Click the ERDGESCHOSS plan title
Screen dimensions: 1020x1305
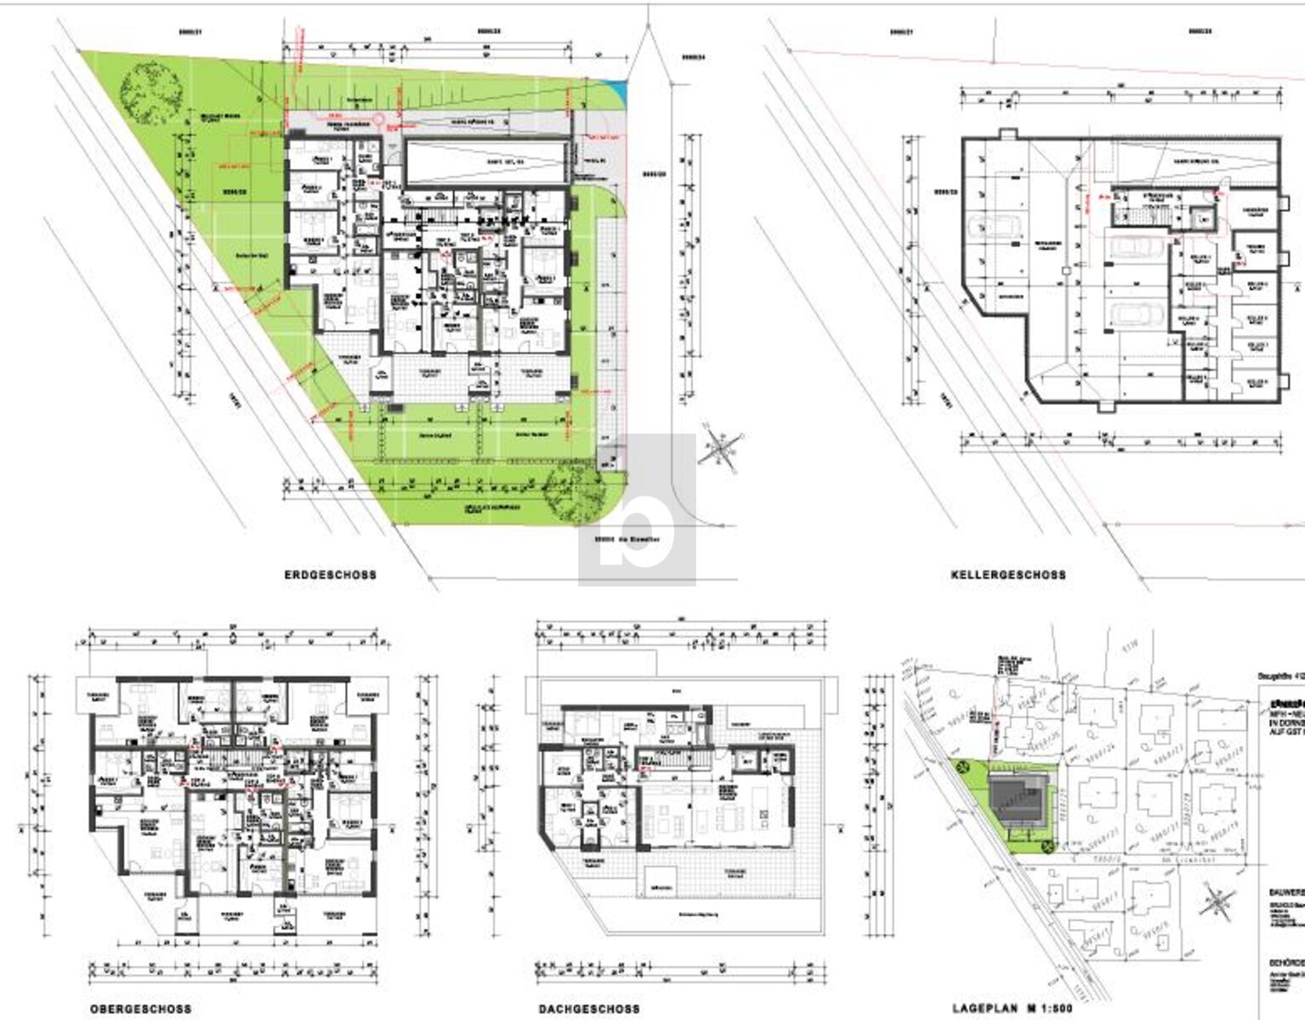click(x=330, y=575)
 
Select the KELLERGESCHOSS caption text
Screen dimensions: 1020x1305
click(x=1007, y=575)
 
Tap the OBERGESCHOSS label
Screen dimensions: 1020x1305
click(x=140, y=1009)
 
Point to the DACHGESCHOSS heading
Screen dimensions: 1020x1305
click(x=588, y=1009)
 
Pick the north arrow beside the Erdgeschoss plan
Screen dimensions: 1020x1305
click(x=720, y=447)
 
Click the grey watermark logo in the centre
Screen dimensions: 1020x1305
click(x=637, y=510)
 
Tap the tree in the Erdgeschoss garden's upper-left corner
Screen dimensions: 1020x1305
click(x=150, y=93)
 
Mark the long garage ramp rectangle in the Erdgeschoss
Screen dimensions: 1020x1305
click(x=485, y=161)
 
